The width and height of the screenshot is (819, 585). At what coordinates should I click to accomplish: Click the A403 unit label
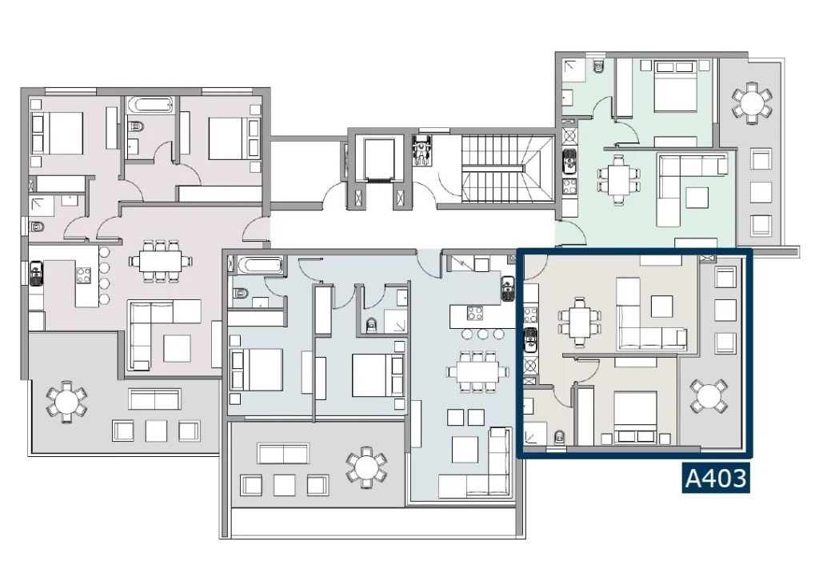pyautogui.click(x=716, y=478)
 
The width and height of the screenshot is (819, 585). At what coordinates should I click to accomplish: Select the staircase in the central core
pyautogui.click(x=507, y=168)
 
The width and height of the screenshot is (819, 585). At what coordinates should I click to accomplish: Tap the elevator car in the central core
pyautogui.click(x=378, y=159)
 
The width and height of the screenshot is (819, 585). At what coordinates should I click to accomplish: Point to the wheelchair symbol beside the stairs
pyautogui.click(x=422, y=150)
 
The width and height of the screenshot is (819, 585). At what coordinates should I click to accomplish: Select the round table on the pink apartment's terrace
pyautogui.click(x=66, y=402)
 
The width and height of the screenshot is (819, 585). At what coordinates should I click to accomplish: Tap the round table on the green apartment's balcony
pyautogui.click(x=751, y=102)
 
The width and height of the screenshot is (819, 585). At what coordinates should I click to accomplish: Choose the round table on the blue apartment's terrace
pyautogui.click(x=366, y=467)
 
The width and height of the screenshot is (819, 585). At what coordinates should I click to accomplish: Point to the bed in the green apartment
pyautogui.click(x=675, y=86)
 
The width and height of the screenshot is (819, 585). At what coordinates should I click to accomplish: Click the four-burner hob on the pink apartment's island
pyautogui.click(x=84, y=275)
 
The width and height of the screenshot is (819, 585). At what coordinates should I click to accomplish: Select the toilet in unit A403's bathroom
pyautogui.click(x=559, y=439)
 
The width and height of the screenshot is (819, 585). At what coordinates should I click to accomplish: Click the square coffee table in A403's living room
pyautogui.click(x=661, y=306)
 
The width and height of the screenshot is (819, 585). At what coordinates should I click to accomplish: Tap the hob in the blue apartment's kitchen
pyautogui.click(x=475, y=313)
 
